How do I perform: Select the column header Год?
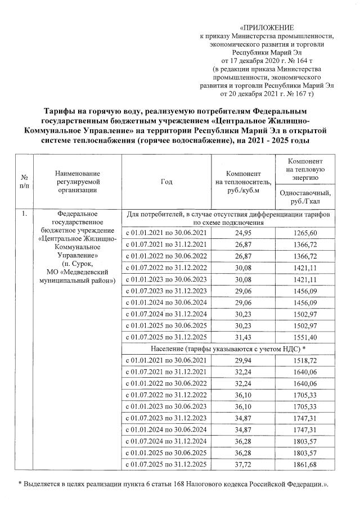pyautogui.click(x=166, y=182)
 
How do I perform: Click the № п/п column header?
pyautogui.click(x=24, y=182)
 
